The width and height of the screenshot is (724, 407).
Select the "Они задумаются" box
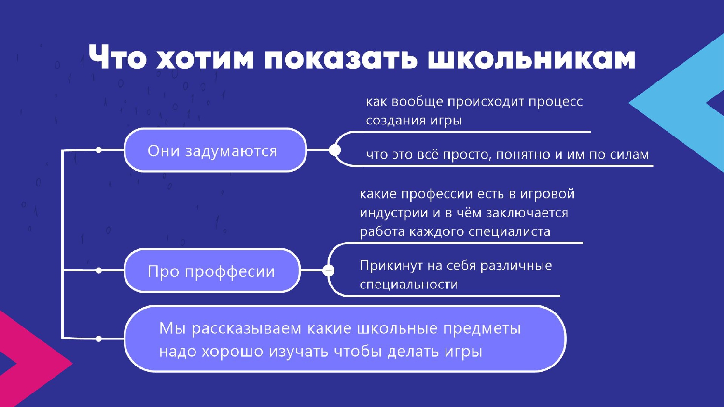pos(215,150)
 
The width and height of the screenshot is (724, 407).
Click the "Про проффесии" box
pos(212,271)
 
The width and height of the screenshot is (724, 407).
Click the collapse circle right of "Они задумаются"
pos(335,150)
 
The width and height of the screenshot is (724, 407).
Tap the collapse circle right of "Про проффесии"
pos(328,271)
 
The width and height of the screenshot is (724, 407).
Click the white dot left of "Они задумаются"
pos(99,150)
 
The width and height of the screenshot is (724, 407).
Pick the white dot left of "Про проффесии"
pos(99,271)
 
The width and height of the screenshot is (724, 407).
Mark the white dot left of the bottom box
pos(99,339)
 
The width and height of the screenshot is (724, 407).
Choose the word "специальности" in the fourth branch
pos(409,285)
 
